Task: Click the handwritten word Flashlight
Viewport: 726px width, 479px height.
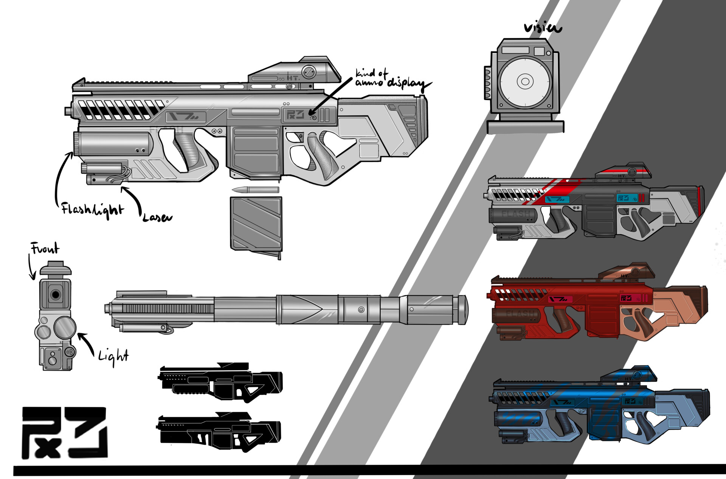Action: tap(93, 210)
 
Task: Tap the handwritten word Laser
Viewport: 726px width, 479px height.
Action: tap(157, 218)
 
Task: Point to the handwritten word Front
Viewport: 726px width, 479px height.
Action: tap(45, 249)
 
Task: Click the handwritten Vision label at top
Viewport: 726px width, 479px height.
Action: tap(543, 28)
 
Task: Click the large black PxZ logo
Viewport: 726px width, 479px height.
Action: tap(64, 433)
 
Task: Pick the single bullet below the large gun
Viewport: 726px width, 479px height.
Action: tap(255, 190)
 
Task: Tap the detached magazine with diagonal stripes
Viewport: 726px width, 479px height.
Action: tap(256, 224)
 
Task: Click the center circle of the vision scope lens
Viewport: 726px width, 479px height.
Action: tap(525, 81)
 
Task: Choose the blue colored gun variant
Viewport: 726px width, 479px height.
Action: tap(601, 410)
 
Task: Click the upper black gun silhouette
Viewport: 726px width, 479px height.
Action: tap(220, 382)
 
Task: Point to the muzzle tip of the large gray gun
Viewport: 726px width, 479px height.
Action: tap(68, 111)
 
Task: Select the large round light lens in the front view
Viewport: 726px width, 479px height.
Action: tap(65, 327)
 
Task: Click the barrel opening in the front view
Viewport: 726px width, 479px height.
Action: tap(56, 295)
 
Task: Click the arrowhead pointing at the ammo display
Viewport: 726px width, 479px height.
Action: tap(312, 112)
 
